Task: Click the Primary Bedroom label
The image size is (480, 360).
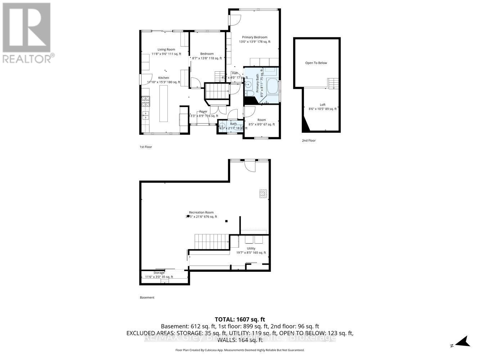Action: (254, 37)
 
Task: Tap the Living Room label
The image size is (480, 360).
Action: (166, 50)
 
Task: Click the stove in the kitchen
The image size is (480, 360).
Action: (145, 102)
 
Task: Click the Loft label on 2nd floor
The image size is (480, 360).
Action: (322, 105)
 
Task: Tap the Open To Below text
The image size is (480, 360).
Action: (316, 63)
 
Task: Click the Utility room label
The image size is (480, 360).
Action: (251, 248)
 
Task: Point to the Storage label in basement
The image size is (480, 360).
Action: (159, 273)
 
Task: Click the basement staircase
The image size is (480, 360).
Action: (212, 241)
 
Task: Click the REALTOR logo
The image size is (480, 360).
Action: (27, 32)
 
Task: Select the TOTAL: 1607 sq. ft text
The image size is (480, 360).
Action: (240, 319)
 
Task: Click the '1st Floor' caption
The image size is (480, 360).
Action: (145, 147)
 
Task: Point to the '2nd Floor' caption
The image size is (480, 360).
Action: (309, 140)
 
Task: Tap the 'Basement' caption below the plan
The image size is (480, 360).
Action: (147, 297)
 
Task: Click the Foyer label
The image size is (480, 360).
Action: (203, 112)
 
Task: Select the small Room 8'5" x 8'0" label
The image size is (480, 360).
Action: (261, 120)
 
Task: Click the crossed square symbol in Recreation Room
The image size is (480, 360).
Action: (264, 194)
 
